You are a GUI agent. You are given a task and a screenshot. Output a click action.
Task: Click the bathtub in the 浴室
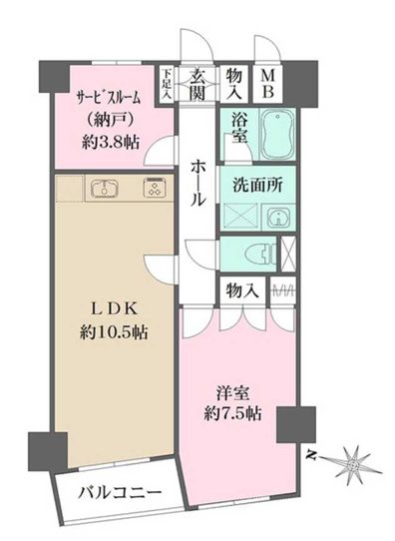pyautogui.click(x=278, y=134)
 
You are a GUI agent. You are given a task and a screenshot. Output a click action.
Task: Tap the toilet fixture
pyautogui.click(x=261, y=255)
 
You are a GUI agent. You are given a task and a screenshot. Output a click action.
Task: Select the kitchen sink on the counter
pyautogui.click(x=105, y=189)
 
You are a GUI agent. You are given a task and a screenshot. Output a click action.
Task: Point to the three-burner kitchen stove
pyautogui.click(x=156, y=188)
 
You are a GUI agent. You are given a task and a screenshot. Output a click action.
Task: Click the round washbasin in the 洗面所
pyautogui.click(x=278, y=217)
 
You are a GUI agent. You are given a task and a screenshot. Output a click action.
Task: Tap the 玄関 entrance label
pyautogui.click(x=197, y=83)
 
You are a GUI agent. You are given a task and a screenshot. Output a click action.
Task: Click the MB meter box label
pyautogui.click(x=268, y=83)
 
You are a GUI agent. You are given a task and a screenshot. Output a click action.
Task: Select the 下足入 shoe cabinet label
pyautogui.click(x=168, y=84)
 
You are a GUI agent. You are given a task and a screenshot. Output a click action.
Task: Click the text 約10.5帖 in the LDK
pyautogui.click(x=114, y=332)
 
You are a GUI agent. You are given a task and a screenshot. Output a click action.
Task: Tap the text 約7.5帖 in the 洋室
pyautogui.click(x=232, y=413)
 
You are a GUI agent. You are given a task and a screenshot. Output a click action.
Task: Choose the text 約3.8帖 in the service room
pyautogui.click(x=111, y=142)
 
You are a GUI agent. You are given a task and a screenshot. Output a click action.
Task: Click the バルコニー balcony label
pyautogui.click(x=120, y=493)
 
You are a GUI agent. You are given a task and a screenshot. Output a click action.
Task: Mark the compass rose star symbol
pyautogui.click(x=353, y=464)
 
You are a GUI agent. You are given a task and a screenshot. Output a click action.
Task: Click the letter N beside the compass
pyautogui.click(x=311, y=456)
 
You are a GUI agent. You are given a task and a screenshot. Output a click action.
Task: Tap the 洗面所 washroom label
pyautogui.click(x=257, y=185)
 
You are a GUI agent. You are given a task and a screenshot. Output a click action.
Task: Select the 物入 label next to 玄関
pyautogui.click(x=234, y=83)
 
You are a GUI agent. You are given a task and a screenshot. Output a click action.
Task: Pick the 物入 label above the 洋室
pyautogui.click(x=242, y=290)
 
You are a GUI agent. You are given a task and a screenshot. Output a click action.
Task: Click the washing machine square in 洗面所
pyautogui.click(x=240, y=217)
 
